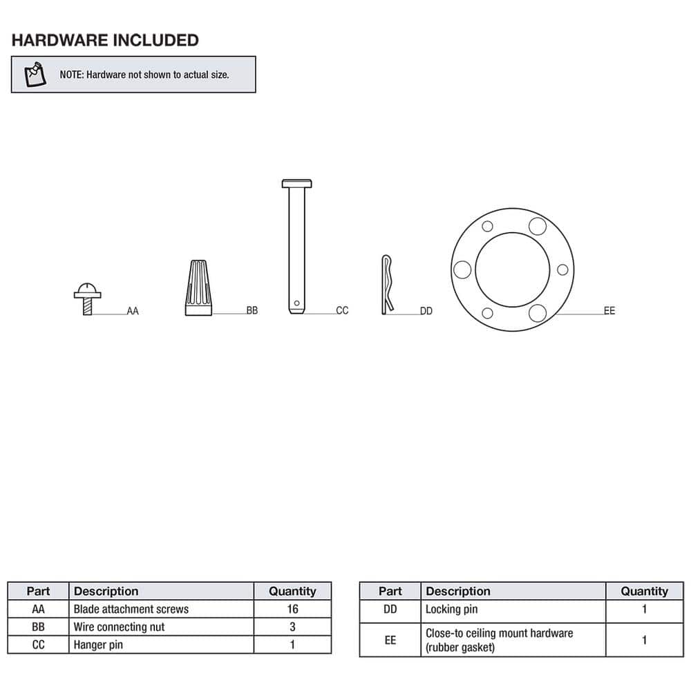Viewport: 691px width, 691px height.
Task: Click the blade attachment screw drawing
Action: click(x=87, y=298)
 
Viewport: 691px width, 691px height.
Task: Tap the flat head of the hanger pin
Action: click(x=297, y=184)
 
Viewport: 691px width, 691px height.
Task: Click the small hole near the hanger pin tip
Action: click(x=296, y=302)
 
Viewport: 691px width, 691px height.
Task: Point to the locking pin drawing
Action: click(x=388, y=285)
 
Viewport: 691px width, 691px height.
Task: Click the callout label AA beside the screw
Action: click(x=133, y=312)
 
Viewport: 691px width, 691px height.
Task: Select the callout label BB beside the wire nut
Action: click(x=252, y=311)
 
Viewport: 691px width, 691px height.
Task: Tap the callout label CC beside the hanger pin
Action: click(x=342, y=311)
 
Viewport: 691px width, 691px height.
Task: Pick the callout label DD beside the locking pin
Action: click(x=426, y=312)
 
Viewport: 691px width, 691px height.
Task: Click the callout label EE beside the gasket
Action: click(x=609, y=311)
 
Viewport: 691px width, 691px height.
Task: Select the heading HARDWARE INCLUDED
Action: click(x=105, y=40)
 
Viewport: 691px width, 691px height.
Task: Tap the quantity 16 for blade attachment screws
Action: click(x=292, y=609)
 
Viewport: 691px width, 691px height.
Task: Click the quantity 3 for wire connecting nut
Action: click(x=292, y=627)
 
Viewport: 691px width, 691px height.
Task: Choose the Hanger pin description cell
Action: click(x=100, y=645)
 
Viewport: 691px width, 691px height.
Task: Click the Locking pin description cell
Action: click(x=451, y=609)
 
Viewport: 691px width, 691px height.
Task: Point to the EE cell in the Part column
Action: click(x=390, y=640)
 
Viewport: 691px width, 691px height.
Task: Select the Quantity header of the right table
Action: click(x=644, y=591)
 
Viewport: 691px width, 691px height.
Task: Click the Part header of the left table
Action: click(x=38, y=591)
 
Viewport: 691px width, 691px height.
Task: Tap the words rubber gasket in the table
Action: click(x=460, y=647)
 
